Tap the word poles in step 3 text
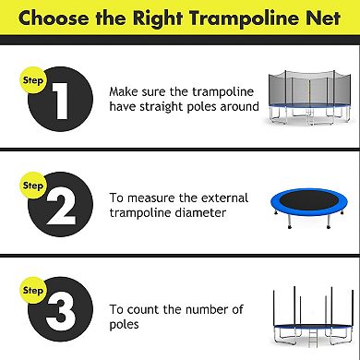click(126, 325)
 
